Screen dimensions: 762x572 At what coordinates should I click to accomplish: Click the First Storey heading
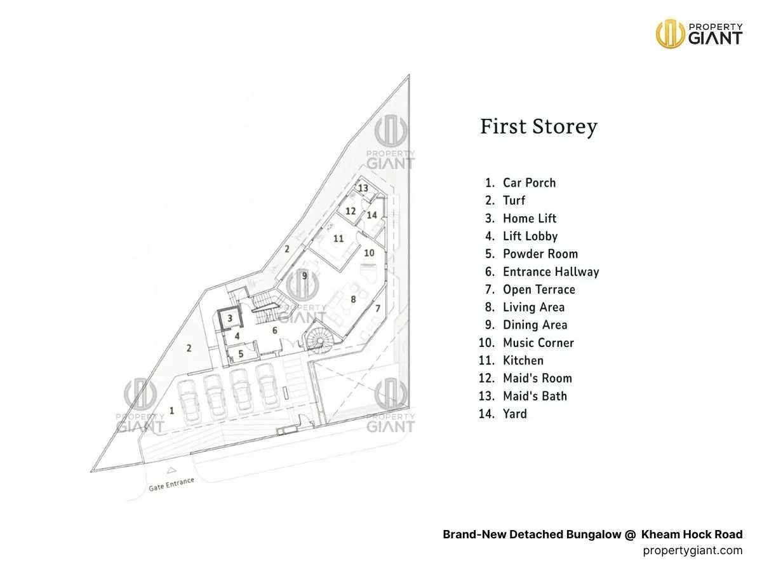point(538,126)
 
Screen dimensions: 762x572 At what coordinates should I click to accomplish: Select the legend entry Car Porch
point(528,182)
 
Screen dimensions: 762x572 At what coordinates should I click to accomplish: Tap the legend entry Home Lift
point(529,218)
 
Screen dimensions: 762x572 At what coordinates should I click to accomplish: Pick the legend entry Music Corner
point(538,343)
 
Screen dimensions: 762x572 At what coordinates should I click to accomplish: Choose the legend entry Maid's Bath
point(535,396)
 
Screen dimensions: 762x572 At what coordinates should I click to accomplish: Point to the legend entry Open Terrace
point(538,289)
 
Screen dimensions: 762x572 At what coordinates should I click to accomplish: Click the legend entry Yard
point(514,414)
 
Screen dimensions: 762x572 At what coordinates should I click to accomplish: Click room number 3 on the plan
point(231,318)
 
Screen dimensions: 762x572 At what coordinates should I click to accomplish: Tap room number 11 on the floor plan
point(338,238)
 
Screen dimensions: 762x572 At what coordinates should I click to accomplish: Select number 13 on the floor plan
point(363,188)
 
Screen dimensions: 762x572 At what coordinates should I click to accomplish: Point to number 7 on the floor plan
point(377,308)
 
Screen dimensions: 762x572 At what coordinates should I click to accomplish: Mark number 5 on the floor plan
point(241,353)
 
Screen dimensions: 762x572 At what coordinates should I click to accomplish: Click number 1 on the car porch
point(171,411)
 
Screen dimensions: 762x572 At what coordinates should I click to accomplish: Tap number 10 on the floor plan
point(369,252)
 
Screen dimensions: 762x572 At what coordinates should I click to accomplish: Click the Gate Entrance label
point(171,485)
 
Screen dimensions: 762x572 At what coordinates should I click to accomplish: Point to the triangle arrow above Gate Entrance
point(170,471)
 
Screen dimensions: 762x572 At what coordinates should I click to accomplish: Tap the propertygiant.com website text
point(692,550)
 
